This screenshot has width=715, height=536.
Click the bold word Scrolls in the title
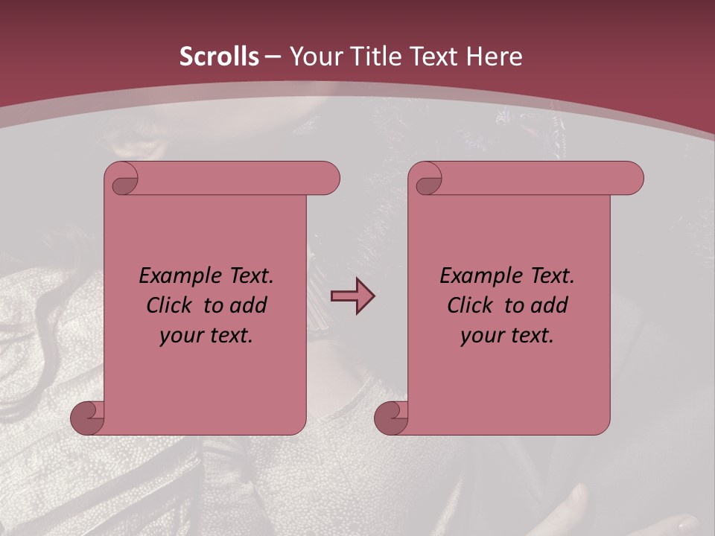click(x=219, y=57)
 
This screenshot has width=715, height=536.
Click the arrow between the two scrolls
click(x=352, y=296)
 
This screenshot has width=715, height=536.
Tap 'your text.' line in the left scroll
click(x=206, y=336)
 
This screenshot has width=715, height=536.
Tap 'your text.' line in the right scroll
click(x=507, y=336)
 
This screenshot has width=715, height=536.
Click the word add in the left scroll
click(x=250, y=306)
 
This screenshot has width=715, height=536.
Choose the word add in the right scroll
click(x=550, y=306)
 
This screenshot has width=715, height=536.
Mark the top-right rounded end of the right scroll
click(x=632, y=179)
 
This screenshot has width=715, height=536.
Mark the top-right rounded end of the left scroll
click(x=328, y=179)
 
